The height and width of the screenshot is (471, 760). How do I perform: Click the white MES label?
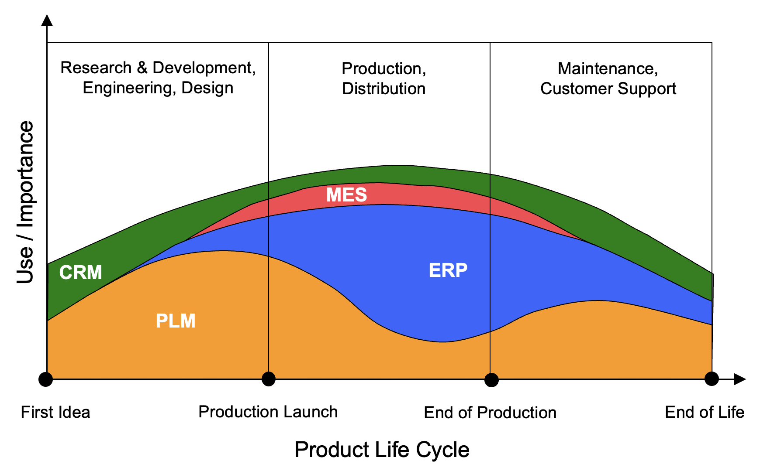coord(346,195)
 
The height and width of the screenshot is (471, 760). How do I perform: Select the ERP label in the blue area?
coord(448,270)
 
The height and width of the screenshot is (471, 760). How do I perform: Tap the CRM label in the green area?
coord(80,273)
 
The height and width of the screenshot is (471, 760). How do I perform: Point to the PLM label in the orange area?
coord(176,321)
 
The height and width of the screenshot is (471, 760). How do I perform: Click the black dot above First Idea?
coord(45,379)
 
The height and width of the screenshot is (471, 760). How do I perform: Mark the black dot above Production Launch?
coord(269,379)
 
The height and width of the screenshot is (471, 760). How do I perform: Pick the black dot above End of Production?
coord(491,380)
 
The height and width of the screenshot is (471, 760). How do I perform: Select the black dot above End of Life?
coord(712,379)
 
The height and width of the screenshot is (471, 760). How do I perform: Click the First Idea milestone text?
coord(55,412)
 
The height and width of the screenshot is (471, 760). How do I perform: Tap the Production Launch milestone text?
coord(268,412)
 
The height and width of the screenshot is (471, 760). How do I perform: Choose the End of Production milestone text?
coord(490,413)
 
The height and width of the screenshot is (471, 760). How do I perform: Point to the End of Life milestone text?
coord(704,412)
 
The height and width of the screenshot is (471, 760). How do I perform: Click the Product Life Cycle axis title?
coord(382,450)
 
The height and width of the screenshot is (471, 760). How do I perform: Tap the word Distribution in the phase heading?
coord(383,89)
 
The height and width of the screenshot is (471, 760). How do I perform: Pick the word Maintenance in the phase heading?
coord(605,68)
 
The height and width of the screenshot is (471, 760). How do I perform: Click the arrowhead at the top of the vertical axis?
coord(47,21)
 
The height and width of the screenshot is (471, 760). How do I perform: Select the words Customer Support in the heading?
coord(608,89)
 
